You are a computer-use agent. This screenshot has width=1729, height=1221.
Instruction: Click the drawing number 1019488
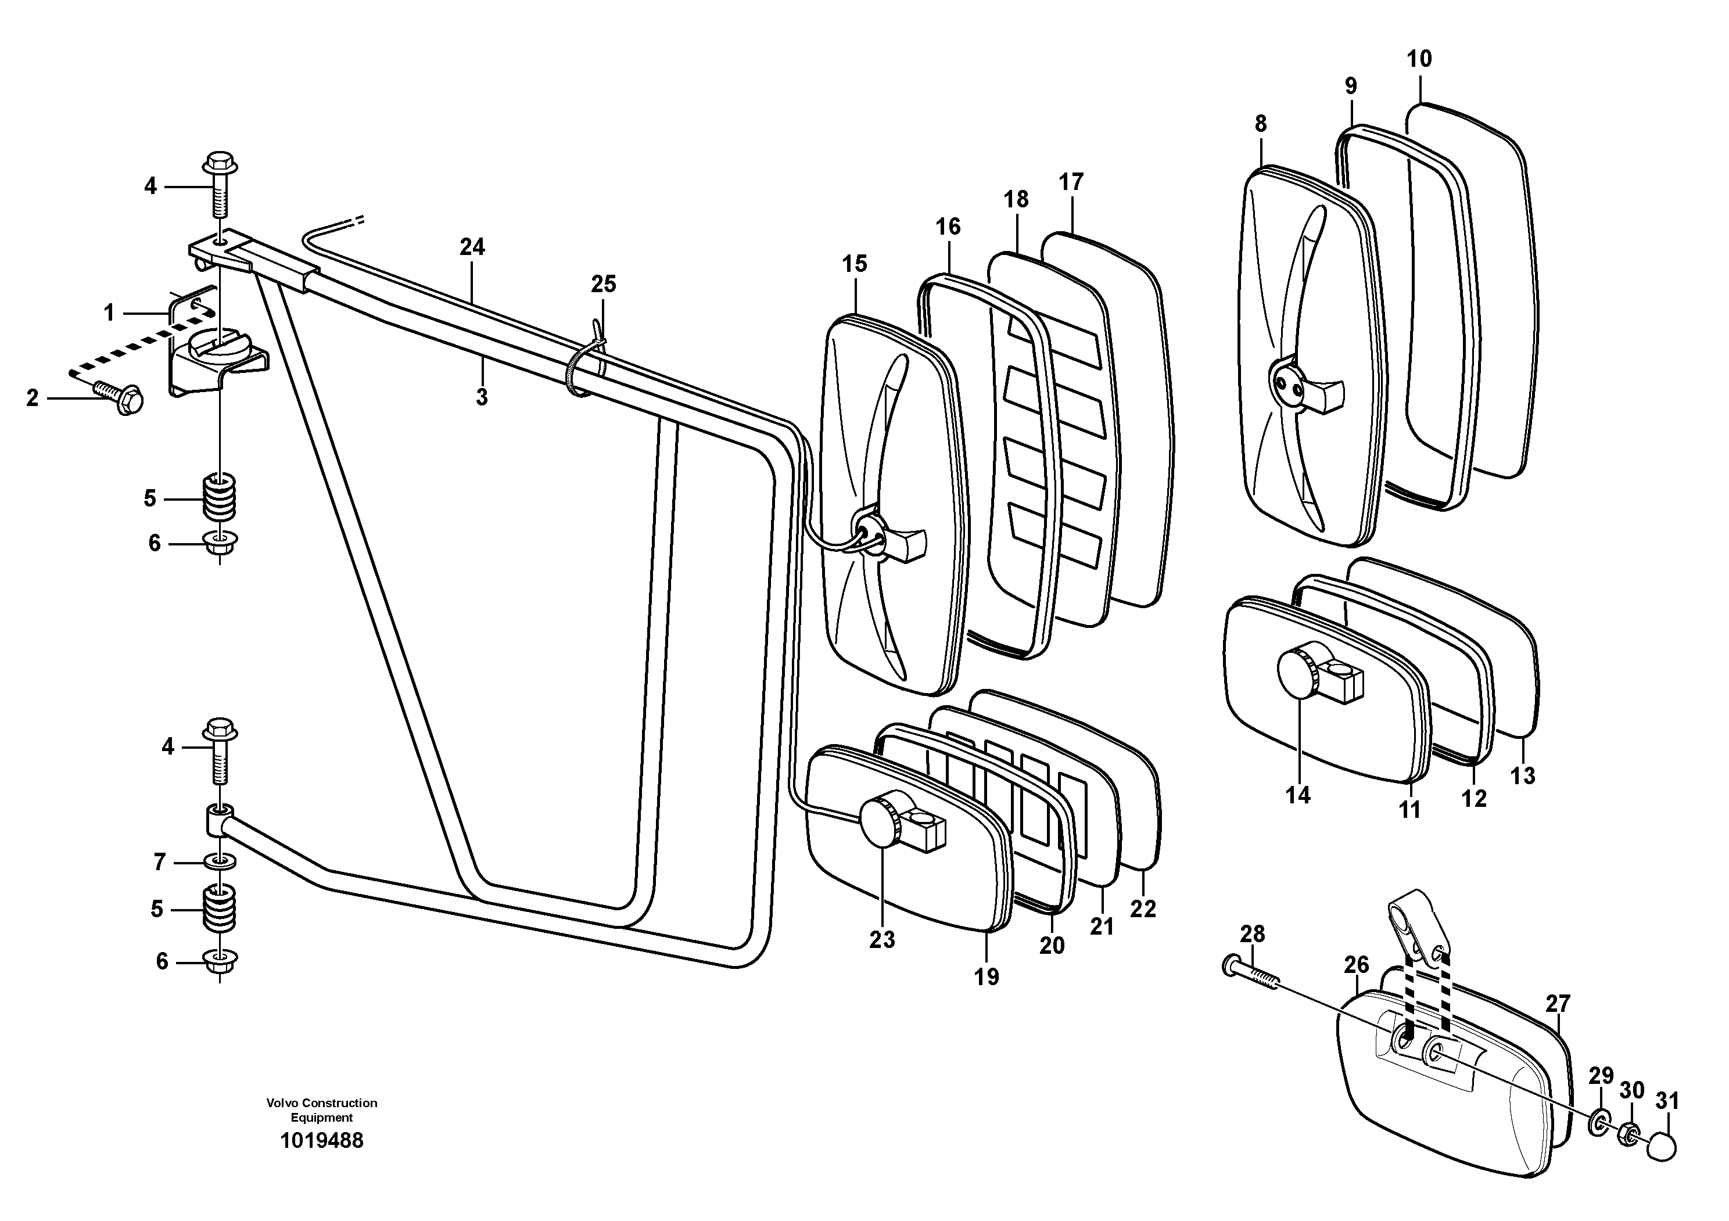[x=321, y=1140]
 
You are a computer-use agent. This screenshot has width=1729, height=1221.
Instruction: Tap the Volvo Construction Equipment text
[x=321, y=1109]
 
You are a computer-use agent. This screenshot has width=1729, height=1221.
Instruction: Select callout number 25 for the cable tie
[x=603, y=284]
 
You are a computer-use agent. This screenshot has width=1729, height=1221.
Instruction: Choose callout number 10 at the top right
[x=1419, y=59]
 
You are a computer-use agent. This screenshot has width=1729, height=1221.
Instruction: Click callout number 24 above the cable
[x=472, y=247]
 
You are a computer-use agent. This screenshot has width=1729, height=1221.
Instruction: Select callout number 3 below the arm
[x=482, y=397]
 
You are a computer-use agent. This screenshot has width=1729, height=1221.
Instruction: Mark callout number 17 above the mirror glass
[x=1070, y=182]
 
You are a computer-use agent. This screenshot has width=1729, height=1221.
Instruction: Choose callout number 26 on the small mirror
[x=1355, y=964]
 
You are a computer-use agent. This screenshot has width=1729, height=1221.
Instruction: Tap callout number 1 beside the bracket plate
[x=109, y=313]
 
